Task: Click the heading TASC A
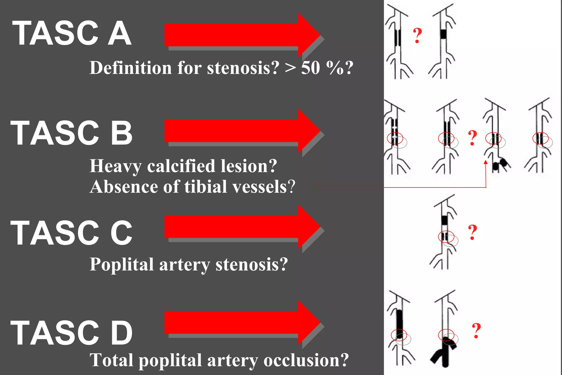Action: (x=72, y=33)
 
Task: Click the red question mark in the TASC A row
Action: (x=417, y=36)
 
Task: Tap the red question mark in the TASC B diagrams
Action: (x=472, y=138)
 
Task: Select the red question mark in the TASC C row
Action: (x=472, y=232)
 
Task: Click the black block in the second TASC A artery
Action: (x=443, y=34)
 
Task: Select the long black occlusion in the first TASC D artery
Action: (x=400, y=324)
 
